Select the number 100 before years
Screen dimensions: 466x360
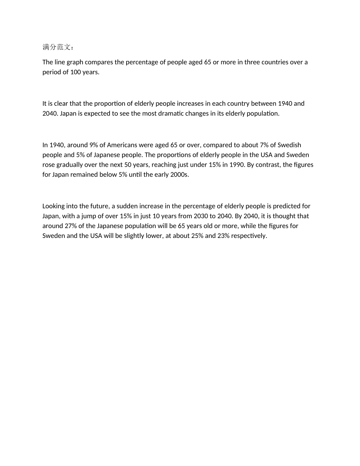75,72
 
